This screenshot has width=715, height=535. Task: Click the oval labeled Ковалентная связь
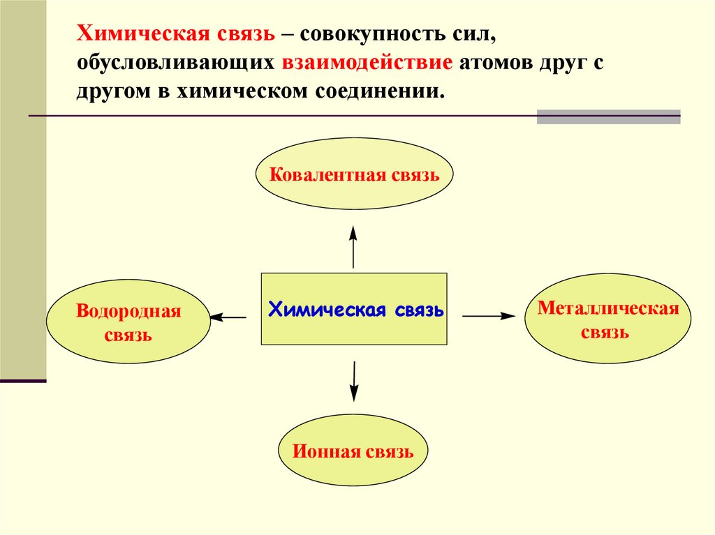pos(355,174)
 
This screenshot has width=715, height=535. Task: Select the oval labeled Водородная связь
pos(128,322)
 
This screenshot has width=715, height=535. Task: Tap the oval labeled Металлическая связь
pos(607,318)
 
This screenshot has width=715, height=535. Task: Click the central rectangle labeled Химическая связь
pos(354,309)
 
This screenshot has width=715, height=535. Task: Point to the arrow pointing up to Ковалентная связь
pos(353,248)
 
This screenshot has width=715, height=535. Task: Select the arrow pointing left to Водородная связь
pos(228,317)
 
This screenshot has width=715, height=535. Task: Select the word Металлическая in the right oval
pos(608,309)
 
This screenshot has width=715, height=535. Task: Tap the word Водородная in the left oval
pos(128,312)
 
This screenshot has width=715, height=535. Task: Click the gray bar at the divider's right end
pos(608,116)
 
